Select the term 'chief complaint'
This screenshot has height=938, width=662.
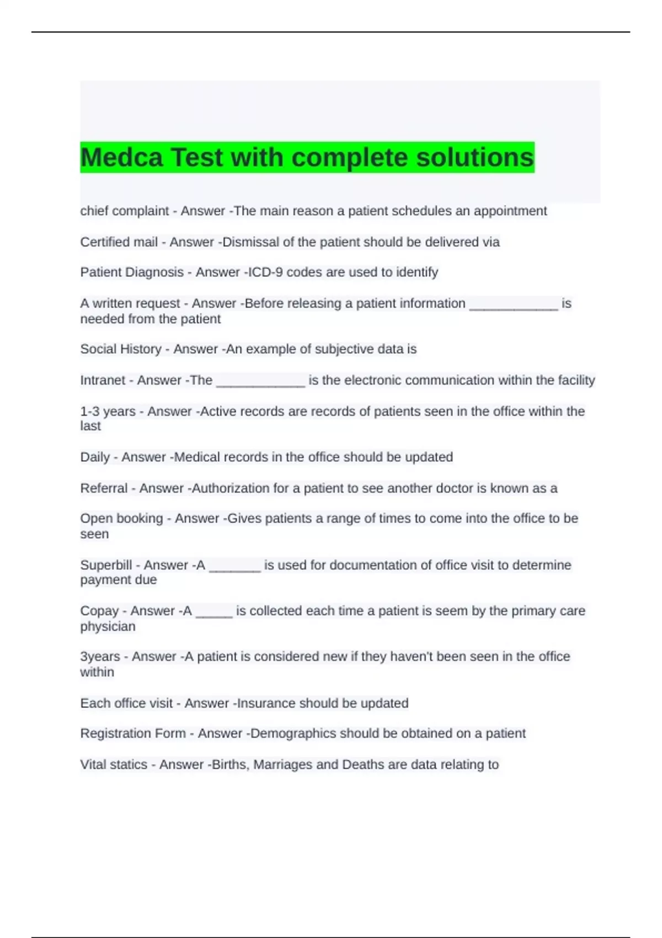tap(124, 211)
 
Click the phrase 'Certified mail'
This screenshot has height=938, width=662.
tap(119, 242)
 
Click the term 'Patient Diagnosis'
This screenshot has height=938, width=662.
tap(132, 272)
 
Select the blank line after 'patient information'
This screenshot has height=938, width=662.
tap(513, 305)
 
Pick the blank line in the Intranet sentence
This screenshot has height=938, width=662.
tap(260, 382)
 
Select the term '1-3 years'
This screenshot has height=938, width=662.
tap(108, 411)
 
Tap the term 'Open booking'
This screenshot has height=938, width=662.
tap(121, 518)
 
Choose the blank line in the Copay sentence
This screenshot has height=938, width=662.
tap(214, 612)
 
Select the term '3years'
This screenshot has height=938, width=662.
tap(100, 656)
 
